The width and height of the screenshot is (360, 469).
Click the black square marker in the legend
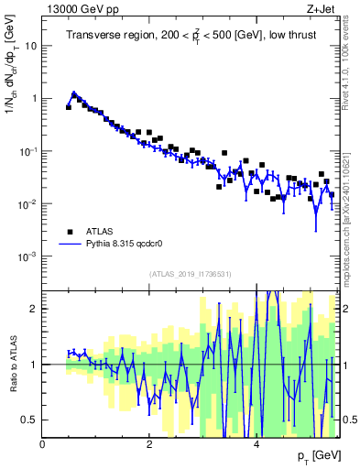pos(69,232)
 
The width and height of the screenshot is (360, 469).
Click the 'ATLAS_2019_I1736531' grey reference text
pos(191,274)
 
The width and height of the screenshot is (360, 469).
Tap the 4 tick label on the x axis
pos(256,444)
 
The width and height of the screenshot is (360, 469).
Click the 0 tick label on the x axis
pos(42,444)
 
